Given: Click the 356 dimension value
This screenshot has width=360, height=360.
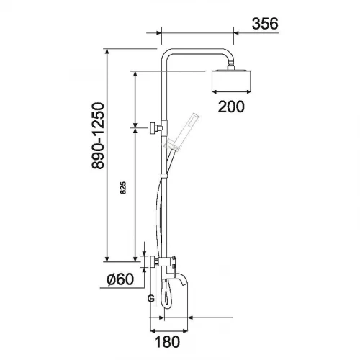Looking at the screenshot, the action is pyautogui.click(x=265, y=24).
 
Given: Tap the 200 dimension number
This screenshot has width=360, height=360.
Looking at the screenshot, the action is pyautogui.click(x=231, y=107).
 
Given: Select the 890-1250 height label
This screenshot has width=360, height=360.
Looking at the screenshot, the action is pyautogui.click(x=98, y=136).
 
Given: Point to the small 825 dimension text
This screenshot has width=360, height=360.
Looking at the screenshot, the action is pyautogui.click(x=123, y=188).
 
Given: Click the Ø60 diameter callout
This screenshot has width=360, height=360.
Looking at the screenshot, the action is pyautogui.click(x=120, y=279).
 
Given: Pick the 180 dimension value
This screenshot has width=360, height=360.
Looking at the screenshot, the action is pyautogui.click(x=167, y=342).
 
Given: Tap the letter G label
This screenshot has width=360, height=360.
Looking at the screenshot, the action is pyautogui.click(x=150, y=299).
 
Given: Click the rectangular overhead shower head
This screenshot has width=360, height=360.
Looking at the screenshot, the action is pyautogui.click(x=231, y=81).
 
